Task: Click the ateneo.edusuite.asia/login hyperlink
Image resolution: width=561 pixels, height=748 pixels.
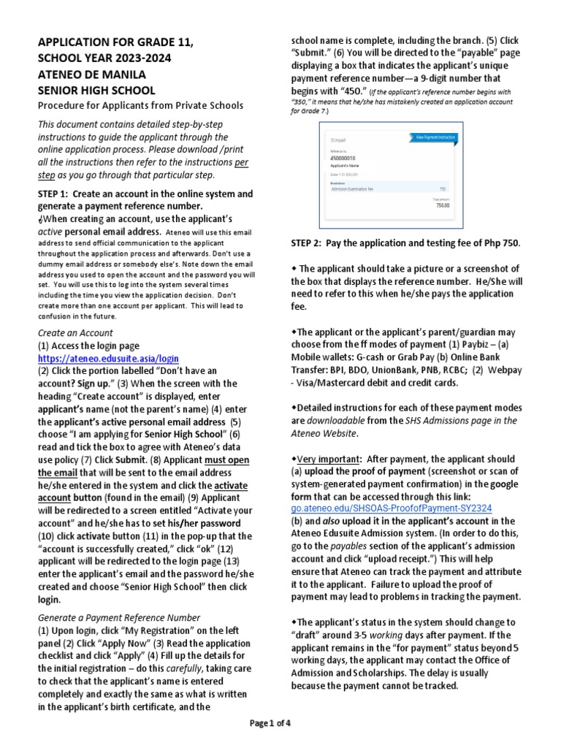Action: (108, 359)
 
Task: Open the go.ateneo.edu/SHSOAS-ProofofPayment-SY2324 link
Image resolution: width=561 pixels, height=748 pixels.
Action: (391, 508)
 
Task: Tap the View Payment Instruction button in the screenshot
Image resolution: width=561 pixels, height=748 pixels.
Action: (435, 137)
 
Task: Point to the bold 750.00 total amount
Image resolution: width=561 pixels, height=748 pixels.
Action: (443, 205)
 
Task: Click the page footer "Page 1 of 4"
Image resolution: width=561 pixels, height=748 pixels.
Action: (270, 723)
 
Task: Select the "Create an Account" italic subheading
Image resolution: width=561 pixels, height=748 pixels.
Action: (75, 333)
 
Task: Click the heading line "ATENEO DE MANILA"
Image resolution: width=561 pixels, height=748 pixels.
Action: (92, 75)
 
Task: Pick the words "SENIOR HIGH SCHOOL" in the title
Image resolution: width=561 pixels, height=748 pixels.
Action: (96, 91)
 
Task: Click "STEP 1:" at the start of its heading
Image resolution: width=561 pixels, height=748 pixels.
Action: (53, 194)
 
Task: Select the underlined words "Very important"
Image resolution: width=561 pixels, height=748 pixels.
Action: (326, 458)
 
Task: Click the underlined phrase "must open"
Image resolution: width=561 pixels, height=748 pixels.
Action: (226, 459)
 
